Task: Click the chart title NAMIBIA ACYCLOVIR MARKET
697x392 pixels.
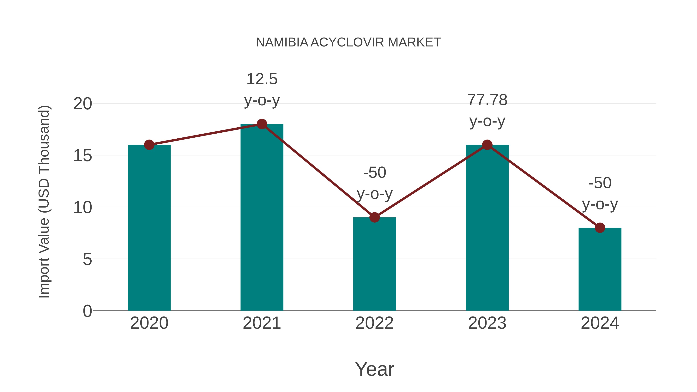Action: point(348,42)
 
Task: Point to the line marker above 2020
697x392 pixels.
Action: point(149,145)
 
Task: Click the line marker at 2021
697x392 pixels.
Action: point(262,124)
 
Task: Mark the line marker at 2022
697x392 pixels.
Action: point(374,217)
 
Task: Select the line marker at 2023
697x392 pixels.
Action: point(487,145)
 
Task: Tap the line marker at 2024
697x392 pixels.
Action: point(600,228)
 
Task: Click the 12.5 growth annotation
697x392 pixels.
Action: point(262,79)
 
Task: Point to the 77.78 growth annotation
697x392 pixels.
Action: point(487,100)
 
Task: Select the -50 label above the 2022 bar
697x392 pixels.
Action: point(374,173)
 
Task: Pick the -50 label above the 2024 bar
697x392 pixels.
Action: point(600,183)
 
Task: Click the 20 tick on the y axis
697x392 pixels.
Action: point(82,104)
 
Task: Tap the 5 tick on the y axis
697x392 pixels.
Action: point(87,259)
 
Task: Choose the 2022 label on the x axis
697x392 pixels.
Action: point(374,323)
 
